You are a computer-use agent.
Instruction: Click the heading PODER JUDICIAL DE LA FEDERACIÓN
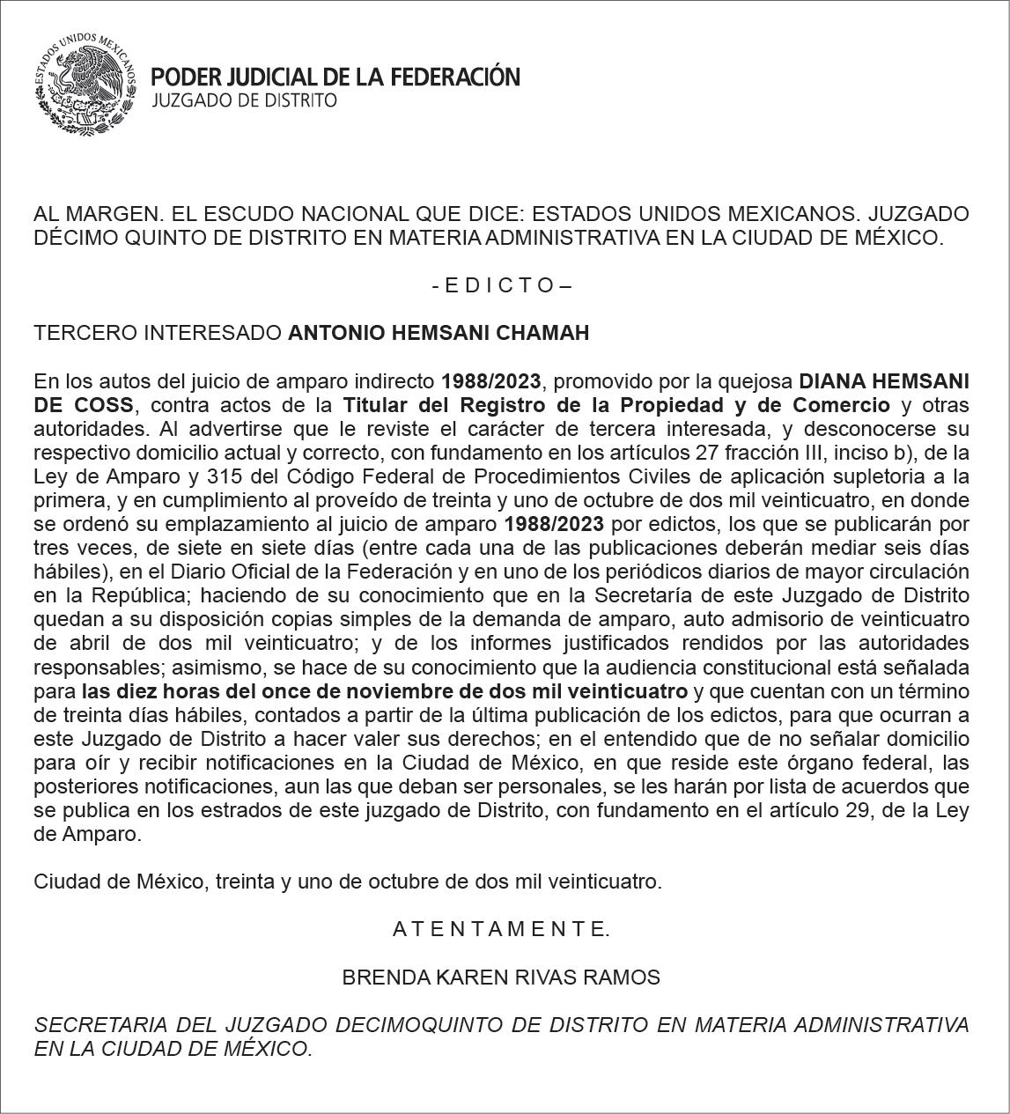(x=335, y=77)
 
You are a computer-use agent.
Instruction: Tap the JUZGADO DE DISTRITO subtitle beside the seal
(x=245, y=100)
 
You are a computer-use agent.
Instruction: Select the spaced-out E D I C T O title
(x=502, y=285)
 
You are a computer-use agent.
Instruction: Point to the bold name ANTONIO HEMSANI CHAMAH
(x=439, y=333)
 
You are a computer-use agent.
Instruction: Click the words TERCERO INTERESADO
(x=158, y=333)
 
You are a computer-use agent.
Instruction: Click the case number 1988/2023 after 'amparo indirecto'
(x=493, y=381)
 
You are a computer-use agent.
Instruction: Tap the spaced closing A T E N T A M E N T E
(x=501, y=928)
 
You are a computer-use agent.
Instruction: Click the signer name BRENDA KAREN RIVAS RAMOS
(x=501, y=977)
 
